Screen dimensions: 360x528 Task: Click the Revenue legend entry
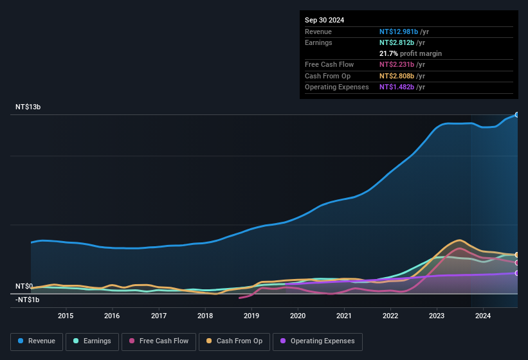(x=36, y=341)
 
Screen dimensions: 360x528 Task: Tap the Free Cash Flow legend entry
(x=159, y=341)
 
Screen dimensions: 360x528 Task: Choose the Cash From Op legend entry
(x=234, y=341)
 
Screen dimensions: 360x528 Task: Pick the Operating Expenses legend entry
(x=318, y=341)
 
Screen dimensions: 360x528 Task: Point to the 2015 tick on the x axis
(x=66, y=316)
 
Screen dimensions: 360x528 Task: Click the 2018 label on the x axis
(x=205, y=316)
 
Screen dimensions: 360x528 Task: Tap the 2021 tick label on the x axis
(x=344, y=316)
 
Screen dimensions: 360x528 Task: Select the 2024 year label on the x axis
(x=483, y=316)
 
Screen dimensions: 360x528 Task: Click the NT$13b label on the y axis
(x=28, y=107)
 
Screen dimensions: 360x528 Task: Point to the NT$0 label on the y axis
(x=24, y=286)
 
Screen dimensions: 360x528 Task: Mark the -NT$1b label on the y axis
(x=28, y=300)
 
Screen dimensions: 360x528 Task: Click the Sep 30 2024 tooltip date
(x=324, y=20)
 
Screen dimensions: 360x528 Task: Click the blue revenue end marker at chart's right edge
(x=517, y=114)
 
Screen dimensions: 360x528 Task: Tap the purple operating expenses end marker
(x=517, y=273)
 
